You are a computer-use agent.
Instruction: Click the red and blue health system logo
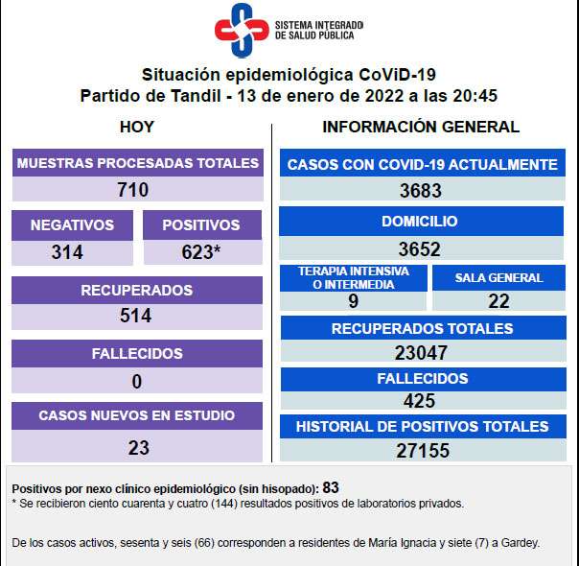tap(241, 32)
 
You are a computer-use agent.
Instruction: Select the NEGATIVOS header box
tap(72, 225)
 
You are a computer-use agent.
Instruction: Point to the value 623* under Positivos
tap(200, 252)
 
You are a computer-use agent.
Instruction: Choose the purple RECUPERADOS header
tap(137, 290)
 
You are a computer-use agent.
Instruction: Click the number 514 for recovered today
tap(135, 316)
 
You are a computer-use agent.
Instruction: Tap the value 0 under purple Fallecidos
tap(137, 381)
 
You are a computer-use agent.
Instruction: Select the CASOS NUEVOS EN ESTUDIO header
tap(136, 416)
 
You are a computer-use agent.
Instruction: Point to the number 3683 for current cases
tap(420, 190)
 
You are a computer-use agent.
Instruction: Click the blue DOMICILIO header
tap(419, 222)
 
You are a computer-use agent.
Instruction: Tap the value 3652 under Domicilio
tap(420, 248)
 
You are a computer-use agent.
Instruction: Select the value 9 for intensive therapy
tap(353, 301)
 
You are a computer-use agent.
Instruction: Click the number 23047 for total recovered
tap(420, 353)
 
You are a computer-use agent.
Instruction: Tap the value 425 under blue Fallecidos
tap(420, 401)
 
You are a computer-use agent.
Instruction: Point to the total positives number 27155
tap(420, 450)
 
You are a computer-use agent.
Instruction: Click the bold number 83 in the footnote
tap(332, 486)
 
